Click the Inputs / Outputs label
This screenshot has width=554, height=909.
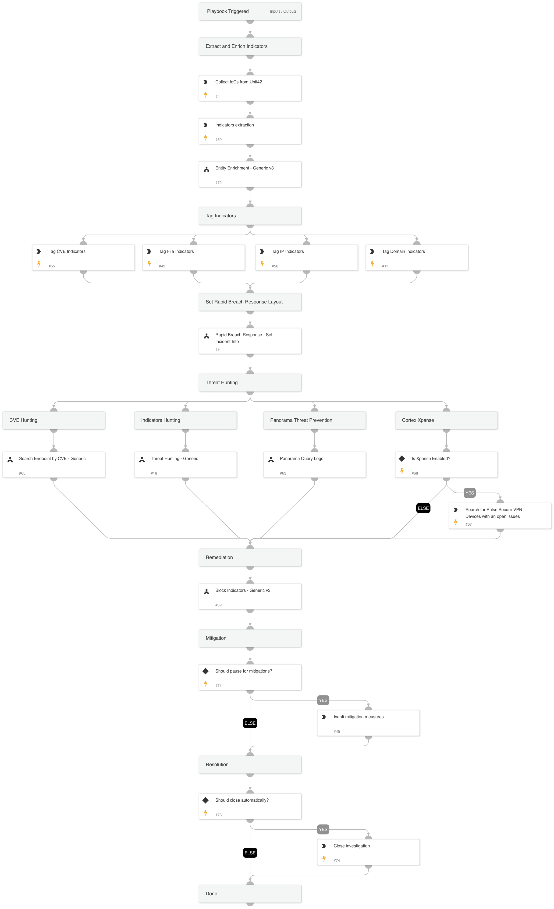click(x=283, y=12)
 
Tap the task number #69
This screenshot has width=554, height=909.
click(x=218, y=140)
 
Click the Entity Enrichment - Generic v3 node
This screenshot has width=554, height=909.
click(x=250, y=174)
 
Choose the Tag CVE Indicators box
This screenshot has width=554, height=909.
click(x=83, y=257)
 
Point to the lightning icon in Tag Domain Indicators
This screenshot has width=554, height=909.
click(x=372, y=264)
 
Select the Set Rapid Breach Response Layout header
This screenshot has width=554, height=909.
click(x=250, y=302)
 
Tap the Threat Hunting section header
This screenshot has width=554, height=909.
click(x=250, y=383)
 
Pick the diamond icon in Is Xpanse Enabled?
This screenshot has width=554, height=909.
click(x=402, y=459)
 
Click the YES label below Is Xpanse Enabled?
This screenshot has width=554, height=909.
click(x=469, y=493)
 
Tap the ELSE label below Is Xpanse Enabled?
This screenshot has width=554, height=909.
click(x=423, y=508)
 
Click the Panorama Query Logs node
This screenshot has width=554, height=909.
click(x=314, y=465)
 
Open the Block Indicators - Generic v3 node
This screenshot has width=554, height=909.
click(x=250, y=596)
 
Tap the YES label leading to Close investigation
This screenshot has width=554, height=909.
click(x=323, y=829)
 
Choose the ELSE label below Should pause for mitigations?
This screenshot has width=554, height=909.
click(x=250, y=723)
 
